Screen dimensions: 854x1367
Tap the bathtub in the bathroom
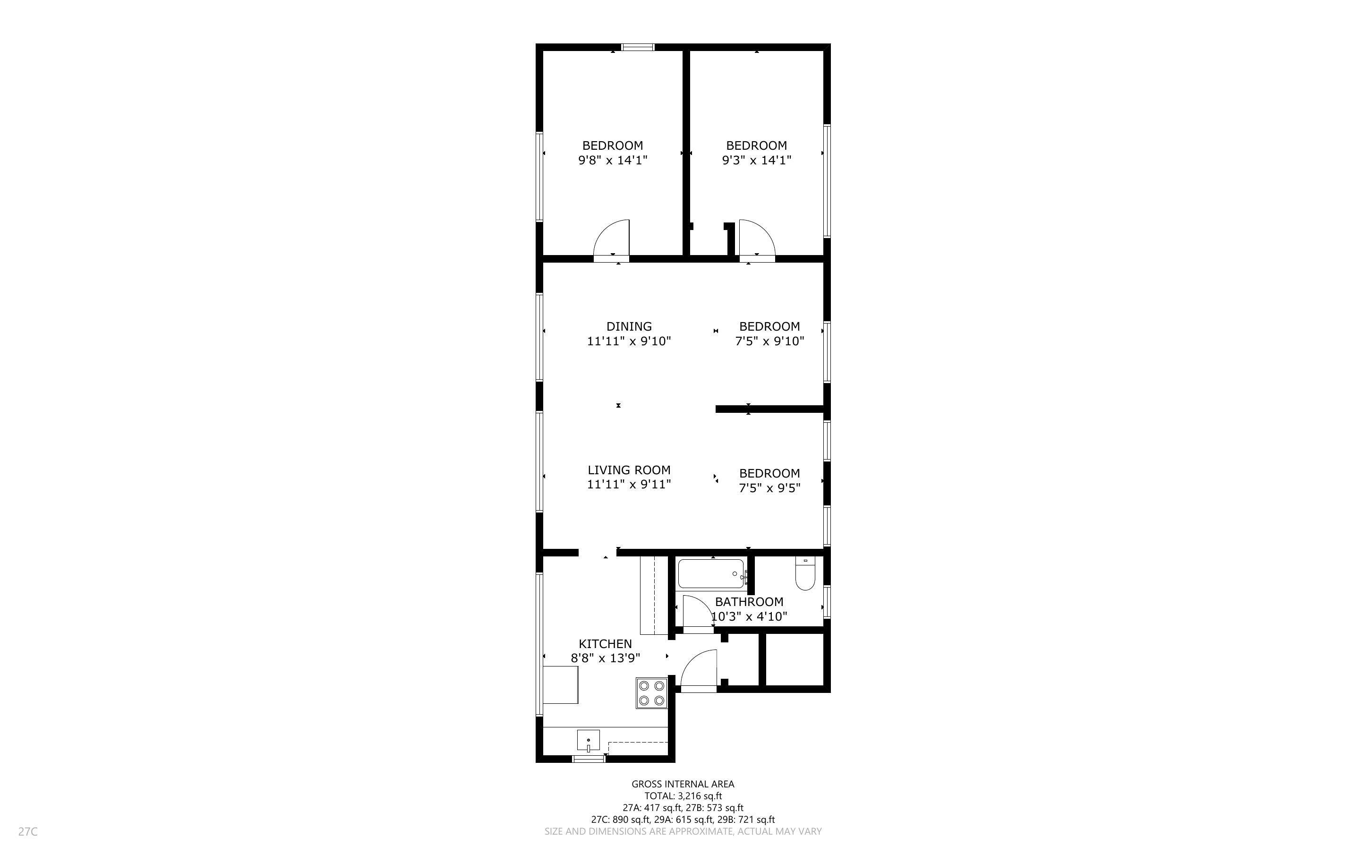(x=711, y=574)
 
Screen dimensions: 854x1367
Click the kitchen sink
(x=589, y=740)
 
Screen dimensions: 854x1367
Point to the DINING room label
(x=629, y=326)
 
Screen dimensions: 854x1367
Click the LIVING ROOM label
(x=629, y=470)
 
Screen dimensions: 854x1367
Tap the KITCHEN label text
(x=605, y=644)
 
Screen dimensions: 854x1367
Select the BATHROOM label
(x=749, y=602)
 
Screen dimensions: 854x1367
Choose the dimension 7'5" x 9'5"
(x=769, y=488)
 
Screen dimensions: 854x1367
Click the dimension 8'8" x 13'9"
(x=605, y=658)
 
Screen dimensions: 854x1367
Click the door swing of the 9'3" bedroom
(x=757, y=239)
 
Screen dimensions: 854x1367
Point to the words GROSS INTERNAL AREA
(x=683, y=784)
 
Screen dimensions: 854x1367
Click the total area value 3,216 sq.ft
(x=700, y=796)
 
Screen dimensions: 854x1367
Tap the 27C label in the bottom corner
(x=28, y=831)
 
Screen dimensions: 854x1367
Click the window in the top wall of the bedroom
(x=638, y=47)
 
